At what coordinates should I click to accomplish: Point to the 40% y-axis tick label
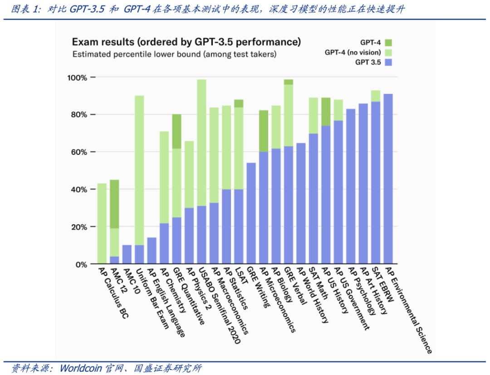click(78, 190)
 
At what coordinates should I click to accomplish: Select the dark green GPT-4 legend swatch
click(388, 42)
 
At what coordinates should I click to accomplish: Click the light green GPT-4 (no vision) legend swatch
click(388, 52)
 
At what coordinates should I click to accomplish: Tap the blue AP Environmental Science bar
click(388, 179)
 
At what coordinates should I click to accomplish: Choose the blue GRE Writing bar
click(251, 213)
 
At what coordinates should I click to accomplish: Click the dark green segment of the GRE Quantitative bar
click(176, 131)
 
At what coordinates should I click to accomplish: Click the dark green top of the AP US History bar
click(326, 111)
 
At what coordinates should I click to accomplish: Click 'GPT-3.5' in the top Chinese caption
click(86, 10)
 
